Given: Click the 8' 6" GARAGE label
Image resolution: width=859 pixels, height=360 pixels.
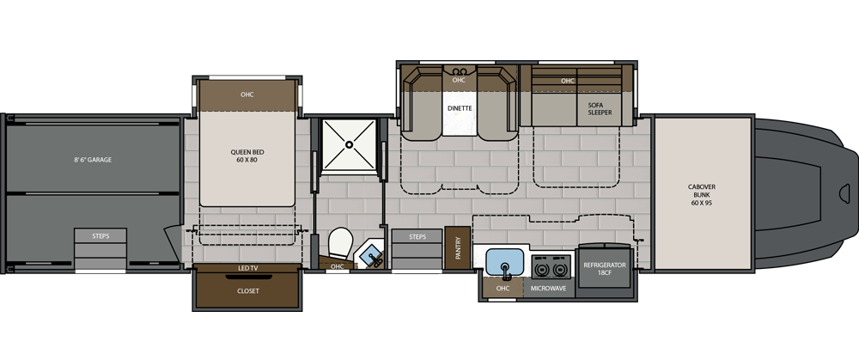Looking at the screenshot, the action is tap(93, 160).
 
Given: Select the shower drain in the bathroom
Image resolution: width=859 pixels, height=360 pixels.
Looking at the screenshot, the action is tap(349, 144).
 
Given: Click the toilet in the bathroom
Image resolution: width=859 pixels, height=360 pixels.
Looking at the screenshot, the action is tap(340, 243).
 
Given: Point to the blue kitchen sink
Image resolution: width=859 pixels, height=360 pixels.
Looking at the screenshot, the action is tap(505, 262).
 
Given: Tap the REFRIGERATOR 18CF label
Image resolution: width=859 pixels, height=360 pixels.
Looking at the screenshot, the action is tap(605, 268).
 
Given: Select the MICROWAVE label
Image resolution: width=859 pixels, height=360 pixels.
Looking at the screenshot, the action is tap(549, 288).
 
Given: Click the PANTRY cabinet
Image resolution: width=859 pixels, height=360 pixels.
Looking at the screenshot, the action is tap(458, 247).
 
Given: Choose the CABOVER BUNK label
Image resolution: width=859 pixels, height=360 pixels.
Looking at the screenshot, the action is tap(702, 194).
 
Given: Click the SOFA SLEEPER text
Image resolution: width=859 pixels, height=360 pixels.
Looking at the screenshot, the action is tap(600, 108).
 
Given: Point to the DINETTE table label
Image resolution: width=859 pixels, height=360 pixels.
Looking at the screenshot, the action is tap(459, 108).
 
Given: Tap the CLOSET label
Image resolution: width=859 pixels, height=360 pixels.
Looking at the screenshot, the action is tap(247, 291).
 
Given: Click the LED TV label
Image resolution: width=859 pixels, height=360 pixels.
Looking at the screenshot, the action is tap(247, 268).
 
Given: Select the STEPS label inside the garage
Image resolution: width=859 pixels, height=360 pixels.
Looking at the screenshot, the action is tap(101, 236).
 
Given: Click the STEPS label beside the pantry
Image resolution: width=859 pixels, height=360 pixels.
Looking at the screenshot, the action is tap(417, 237).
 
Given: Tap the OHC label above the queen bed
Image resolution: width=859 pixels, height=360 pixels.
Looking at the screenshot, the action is tap(247, 95).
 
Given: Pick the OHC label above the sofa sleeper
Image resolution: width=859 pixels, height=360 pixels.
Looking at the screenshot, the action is tap(568, 81).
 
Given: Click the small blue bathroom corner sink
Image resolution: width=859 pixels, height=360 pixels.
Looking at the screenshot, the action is tap(371, 255).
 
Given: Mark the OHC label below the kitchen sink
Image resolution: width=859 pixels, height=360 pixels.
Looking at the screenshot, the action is tap(503, 288).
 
